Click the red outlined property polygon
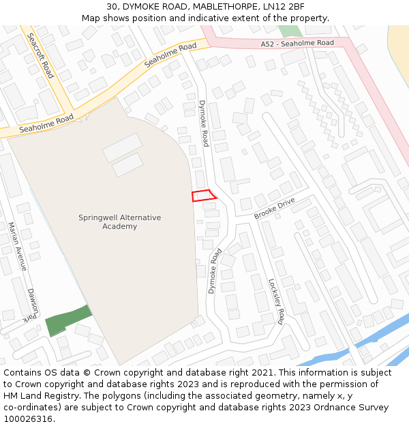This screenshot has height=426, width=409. (204, 195)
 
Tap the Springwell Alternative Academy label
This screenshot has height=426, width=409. (120, 222)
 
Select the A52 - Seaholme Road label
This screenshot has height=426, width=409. (297, 43)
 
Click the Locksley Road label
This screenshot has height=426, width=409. (276, 301)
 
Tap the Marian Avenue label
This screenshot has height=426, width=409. (17, 246)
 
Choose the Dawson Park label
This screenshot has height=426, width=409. (31, 304)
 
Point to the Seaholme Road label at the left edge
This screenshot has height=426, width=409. (46, 123)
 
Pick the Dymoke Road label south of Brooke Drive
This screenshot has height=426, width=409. (215, 271)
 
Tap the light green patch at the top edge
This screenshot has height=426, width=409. (290, 31)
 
